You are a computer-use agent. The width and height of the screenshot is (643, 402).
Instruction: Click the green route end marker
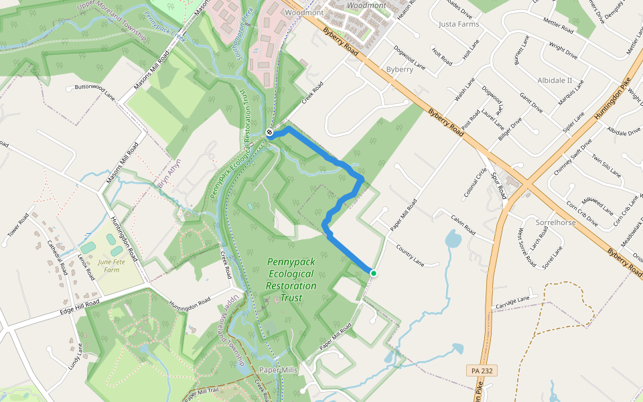[373, 273]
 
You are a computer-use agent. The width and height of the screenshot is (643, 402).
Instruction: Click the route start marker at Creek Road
[269, 133]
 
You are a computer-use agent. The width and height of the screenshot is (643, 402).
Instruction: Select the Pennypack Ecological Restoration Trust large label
[291, 280]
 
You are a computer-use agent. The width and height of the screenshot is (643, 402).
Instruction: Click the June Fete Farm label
[112, 266]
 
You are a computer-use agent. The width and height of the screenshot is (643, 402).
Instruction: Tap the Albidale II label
[555, 80]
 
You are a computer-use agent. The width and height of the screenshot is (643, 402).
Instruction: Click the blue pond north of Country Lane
[453, 239]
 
